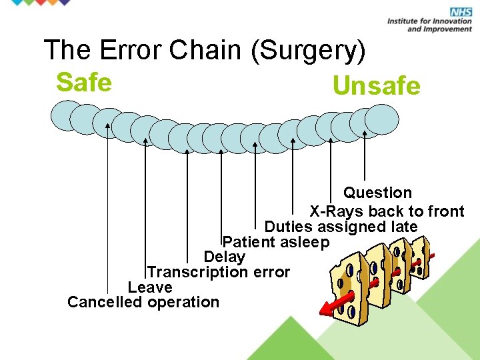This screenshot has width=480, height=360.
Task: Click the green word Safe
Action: (83, 83)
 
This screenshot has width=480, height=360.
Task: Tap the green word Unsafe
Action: (376, 86)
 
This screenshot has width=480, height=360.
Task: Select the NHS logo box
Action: (461, 12)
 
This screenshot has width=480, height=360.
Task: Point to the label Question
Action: (377, 193)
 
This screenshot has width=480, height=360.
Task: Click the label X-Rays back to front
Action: (387, 211)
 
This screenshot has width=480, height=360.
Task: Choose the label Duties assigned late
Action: (341, 227)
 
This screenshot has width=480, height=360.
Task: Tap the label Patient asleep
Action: (276, 241)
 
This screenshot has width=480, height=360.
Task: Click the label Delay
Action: (225, 257)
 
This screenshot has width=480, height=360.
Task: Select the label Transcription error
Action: (219, 272)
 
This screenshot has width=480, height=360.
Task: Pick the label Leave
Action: (150, 287)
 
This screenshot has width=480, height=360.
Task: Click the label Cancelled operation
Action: (143, 302)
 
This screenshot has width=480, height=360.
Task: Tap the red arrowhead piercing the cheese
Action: (327, 309)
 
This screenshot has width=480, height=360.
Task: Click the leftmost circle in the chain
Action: (67, 115)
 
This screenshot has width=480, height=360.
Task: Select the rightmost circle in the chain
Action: (382, 120)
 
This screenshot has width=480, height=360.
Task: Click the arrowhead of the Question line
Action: (365, 133)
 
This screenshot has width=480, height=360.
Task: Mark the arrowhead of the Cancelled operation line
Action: (107, 125)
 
